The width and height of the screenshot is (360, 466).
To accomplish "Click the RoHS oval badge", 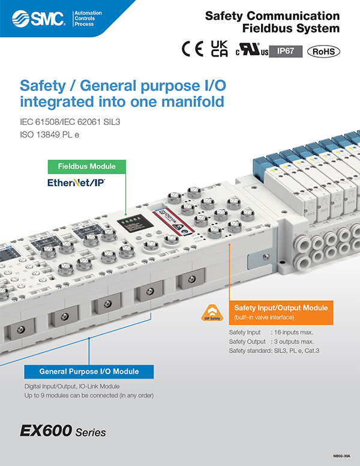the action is pyautogui.click(x=323, y=52).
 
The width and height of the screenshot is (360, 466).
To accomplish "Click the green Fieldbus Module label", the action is pyautogui.click(x=86, y=166).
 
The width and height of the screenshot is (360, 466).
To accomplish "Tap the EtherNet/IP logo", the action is pyautogui.click(x=76, y=181).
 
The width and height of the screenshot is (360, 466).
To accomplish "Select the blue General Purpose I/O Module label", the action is pyautogui.click(x=89, y=371).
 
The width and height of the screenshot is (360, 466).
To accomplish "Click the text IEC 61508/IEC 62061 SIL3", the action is pyautogui.click(x=74, y=122).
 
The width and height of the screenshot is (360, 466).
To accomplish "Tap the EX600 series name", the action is pyautogui.click(x=63, y=431).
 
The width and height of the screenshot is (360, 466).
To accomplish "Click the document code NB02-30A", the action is pyautogui.click(x=343, y=457).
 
